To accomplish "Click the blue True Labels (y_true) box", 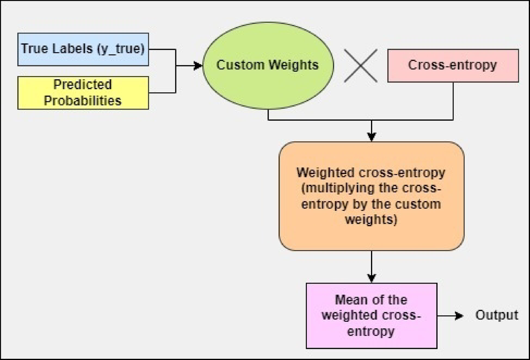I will pos(83,49).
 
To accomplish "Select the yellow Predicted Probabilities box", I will pos(83,93).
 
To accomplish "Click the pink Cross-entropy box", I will pos(453,65).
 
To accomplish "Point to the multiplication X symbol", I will pos(361,66).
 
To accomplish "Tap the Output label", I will pos(497,315).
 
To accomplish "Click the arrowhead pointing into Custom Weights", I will pos(198,66).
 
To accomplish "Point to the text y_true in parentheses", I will pos(120,49).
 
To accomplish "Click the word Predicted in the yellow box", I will pos(82,84).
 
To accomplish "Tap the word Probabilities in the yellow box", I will pos(82,100).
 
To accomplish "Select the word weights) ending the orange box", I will pos(371,219).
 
